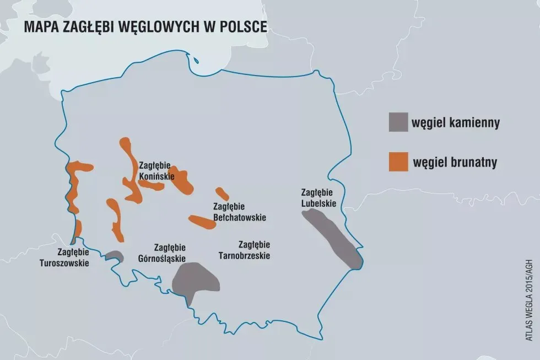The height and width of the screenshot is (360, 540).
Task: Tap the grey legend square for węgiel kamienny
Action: (x=398, y=123)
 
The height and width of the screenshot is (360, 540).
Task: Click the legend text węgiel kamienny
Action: (x=455, y=123)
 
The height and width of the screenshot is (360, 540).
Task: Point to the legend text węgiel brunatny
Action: (x=455, y=163)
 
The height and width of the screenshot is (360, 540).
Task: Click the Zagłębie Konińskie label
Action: (x=156, y=171)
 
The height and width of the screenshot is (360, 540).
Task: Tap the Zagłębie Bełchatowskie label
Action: (x=239, y=212)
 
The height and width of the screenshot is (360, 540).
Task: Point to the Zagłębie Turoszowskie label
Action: (x=64, y=257)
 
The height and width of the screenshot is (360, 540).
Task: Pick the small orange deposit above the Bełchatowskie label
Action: (x=222, y=194)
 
